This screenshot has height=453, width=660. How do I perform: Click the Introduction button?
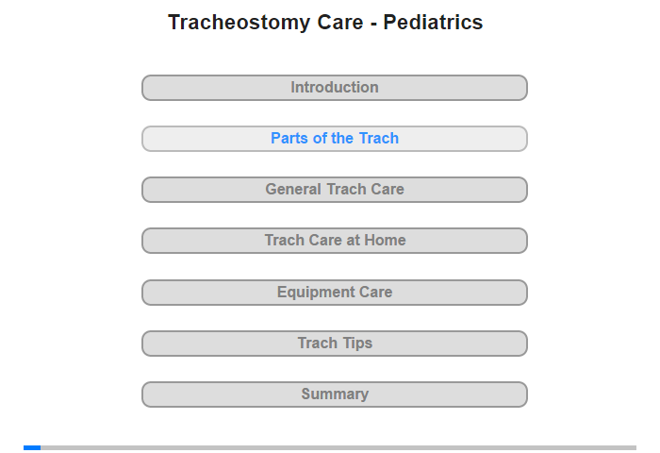[335, 88]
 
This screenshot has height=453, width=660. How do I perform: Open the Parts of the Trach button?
[335, 139]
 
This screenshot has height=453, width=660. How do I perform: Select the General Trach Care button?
[335, 190]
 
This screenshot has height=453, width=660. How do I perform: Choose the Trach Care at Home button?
[335, 241]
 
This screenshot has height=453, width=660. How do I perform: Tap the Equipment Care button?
[335, 293]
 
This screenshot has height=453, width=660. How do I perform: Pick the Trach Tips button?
[335, 344]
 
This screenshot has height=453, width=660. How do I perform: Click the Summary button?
[335, 394]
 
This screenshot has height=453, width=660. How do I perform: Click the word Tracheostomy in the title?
[239, 23]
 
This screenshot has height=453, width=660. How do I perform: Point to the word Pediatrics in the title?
[433, 22]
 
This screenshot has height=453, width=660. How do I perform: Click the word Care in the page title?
[340, 22]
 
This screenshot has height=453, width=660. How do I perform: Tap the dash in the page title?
[373, 24]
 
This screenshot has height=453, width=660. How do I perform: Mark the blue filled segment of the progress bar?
[32, 447]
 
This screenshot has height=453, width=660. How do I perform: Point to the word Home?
[385, 241]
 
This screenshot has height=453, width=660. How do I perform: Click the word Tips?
[357, 344]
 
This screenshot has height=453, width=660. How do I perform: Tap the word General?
[293, 189]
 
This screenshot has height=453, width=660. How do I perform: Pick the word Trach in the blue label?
[378, 138]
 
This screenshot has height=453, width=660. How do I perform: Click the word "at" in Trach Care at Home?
[355, 241]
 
